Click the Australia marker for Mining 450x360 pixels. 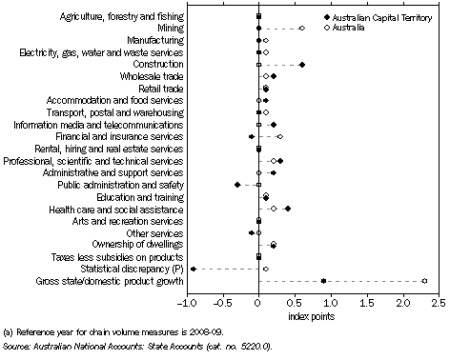point(302,29)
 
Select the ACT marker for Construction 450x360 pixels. point(302,65)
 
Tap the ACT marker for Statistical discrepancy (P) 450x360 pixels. point(194,270)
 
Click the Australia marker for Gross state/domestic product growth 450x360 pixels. point(424,281)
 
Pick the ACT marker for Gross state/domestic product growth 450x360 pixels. point(324,281)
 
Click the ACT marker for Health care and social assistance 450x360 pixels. point(287,209)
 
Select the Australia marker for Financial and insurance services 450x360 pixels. point(279,137)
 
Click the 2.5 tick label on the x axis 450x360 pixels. point(438,303)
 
